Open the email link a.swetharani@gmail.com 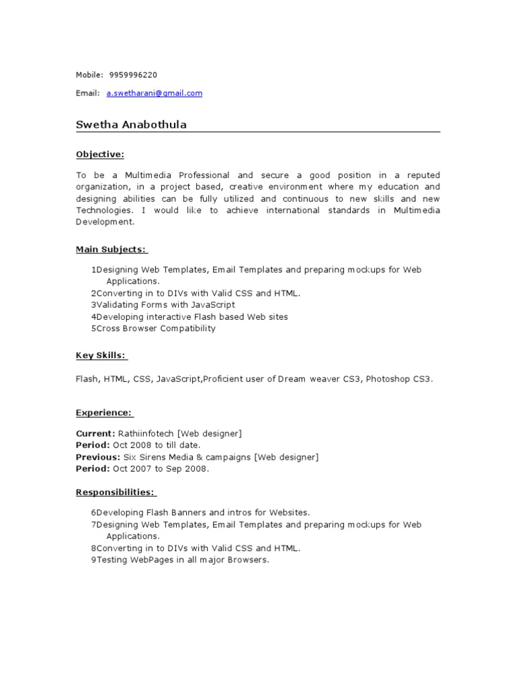tap(154, 93)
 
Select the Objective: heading tap(99, 155)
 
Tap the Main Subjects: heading tap(111, 249)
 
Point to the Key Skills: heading tap(101, 355)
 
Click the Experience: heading tap(104, 413)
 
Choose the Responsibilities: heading tap(116, 492)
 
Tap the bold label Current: tap(95, 434)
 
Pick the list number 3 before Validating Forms tap(93, 305)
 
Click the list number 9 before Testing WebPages tap(93, 560)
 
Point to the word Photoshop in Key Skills tap(388, 379)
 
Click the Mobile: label tap(89, 75)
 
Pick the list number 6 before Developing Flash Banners tap(93, 512)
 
